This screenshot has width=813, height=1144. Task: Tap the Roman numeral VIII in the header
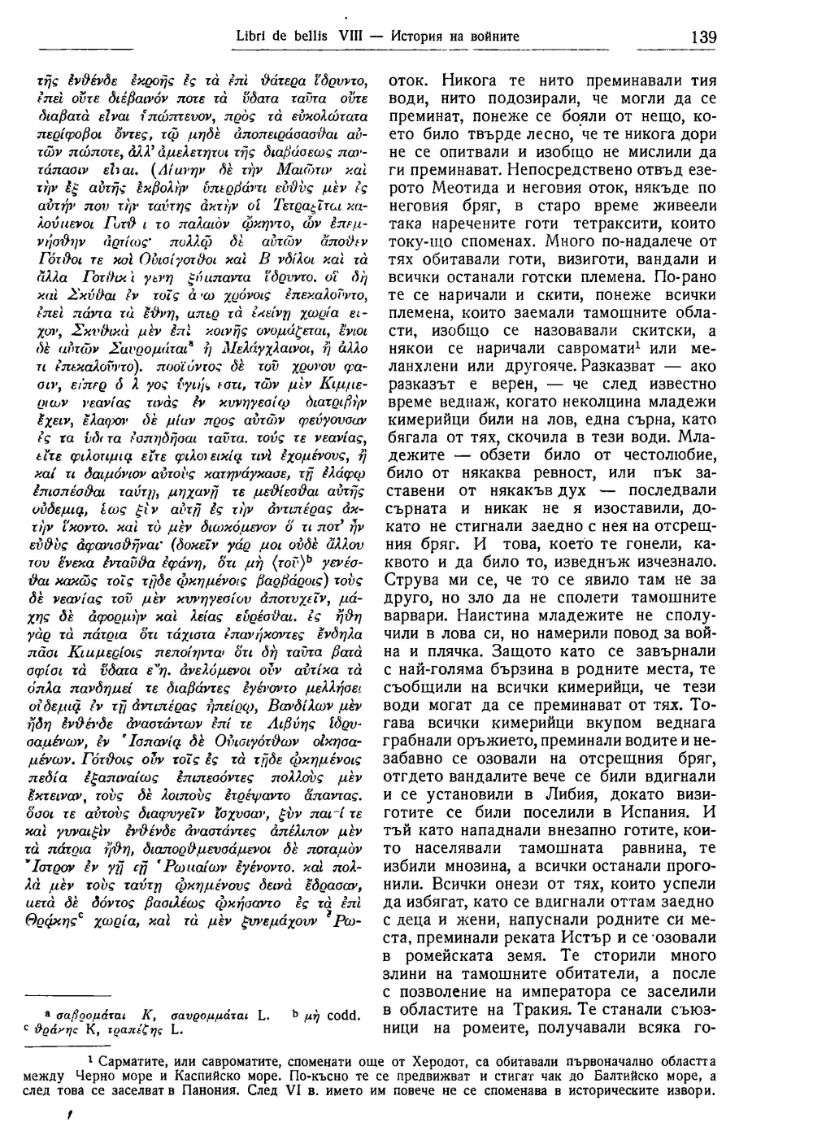click(x=341, y=37)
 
